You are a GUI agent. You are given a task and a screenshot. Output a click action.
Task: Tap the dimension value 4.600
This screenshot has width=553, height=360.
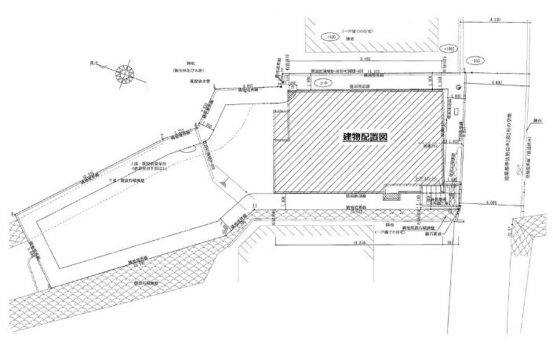coord(493,82)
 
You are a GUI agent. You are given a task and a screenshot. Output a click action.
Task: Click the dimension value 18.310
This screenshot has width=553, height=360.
coord(361,245)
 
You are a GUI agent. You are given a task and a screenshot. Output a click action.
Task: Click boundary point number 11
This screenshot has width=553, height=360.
coord(256,206)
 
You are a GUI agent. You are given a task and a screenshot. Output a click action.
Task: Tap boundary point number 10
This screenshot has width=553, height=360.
coord(224,233)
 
